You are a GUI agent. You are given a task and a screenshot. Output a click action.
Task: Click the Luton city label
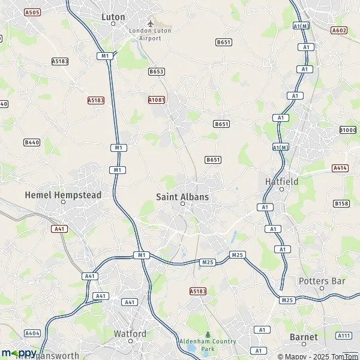(113, 17)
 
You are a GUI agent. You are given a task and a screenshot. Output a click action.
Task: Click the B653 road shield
(156, 71)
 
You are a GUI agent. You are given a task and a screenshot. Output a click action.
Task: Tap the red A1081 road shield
(157, 100)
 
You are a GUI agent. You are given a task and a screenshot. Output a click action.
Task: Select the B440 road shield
(31, 142)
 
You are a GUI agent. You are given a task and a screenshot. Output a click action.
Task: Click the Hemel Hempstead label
(63, 195)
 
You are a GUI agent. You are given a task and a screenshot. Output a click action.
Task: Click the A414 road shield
(340, 169)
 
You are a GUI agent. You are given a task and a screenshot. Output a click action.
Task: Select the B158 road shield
(341, 203)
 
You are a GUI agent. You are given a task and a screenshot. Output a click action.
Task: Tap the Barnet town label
(303, 337)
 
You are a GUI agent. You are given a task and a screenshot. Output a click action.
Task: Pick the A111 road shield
(343, 335)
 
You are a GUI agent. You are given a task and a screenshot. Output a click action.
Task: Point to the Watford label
(130, 334)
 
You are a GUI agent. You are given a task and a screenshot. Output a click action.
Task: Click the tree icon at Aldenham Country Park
(208, 335)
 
